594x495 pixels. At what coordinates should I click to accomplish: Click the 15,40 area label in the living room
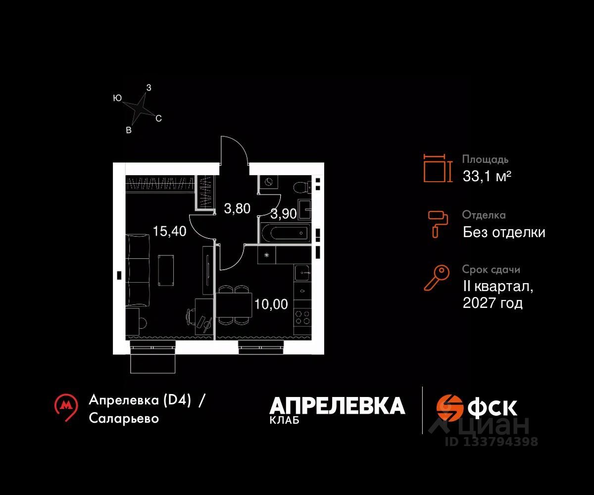point(169,231)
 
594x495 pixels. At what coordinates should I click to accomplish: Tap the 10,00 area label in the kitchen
point(271,303)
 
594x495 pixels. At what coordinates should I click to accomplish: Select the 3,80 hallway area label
point(237,209)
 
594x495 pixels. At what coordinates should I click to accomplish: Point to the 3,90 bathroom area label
point(284,214)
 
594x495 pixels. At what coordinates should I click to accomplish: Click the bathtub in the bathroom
point(285,234)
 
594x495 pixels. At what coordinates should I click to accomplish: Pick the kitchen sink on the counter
point(302,272)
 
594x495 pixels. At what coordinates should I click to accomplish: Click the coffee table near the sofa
point(166,270)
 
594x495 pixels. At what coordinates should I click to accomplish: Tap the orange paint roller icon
point(438,223)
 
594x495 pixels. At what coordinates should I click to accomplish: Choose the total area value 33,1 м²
point(487,176)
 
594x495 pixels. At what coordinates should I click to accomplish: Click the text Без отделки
point(504,232)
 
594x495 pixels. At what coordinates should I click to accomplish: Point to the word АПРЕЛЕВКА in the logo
point(337,406)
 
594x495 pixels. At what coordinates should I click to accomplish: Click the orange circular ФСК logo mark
point(449,407)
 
